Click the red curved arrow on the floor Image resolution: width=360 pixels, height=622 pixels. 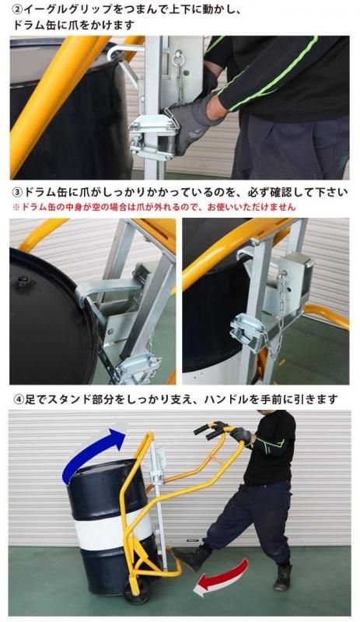pyautogui.click(x=222, y=578)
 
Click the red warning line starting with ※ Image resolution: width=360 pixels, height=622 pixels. pyautogui.click(x=154, y=207)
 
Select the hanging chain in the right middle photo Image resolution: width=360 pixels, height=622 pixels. pyautogui.click(x=279, y=313)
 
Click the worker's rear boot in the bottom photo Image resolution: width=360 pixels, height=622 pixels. pyautogui.click(x=282, y=578)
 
